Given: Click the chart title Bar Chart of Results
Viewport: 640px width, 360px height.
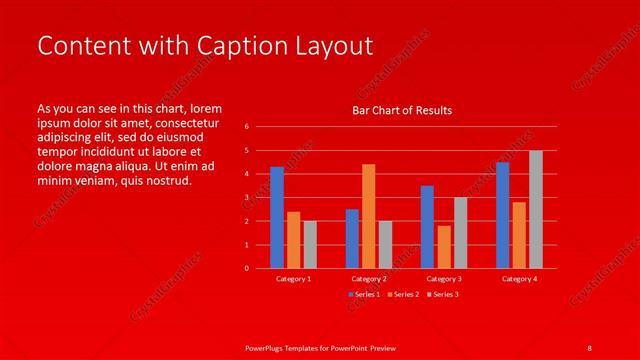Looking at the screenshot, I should click(x=402, y=110).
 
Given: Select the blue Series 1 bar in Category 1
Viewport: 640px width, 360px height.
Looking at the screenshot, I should click(x=277, y=217).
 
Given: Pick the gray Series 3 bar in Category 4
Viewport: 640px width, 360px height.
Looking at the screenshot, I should click(x=536, y=209).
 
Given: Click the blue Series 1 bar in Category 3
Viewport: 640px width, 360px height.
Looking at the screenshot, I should click(x=427, y=227).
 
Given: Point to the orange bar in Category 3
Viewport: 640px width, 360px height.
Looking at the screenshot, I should click(x=444, y=247).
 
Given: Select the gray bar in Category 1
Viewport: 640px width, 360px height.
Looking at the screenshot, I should click(x=310, y=244).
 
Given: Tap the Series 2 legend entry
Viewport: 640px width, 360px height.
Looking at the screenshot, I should click(x=402, y=294).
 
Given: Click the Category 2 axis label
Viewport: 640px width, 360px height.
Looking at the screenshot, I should click(x=368, y=279).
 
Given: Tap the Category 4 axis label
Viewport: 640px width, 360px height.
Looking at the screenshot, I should click(x=519, y=279).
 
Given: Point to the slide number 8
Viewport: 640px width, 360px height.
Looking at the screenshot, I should click(x=589, y=346).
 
